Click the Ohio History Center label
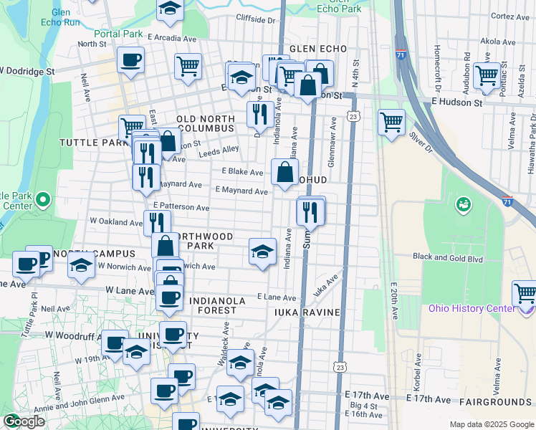click(x=471, y=308)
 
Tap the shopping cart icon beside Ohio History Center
click(x=525, y=295)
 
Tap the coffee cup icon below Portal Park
click(x=130, y=60)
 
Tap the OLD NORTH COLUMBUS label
click(x=206, y=123)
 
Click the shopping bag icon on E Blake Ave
click(x=284, y=173)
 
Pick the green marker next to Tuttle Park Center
click(x=42, y=199)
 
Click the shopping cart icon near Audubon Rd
click(x=487, y=75)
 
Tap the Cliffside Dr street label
click(x=256, y=20)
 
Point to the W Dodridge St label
click(x=27, y=71)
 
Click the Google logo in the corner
click(x=23, y=421)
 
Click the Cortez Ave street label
click(x=510, y=16)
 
